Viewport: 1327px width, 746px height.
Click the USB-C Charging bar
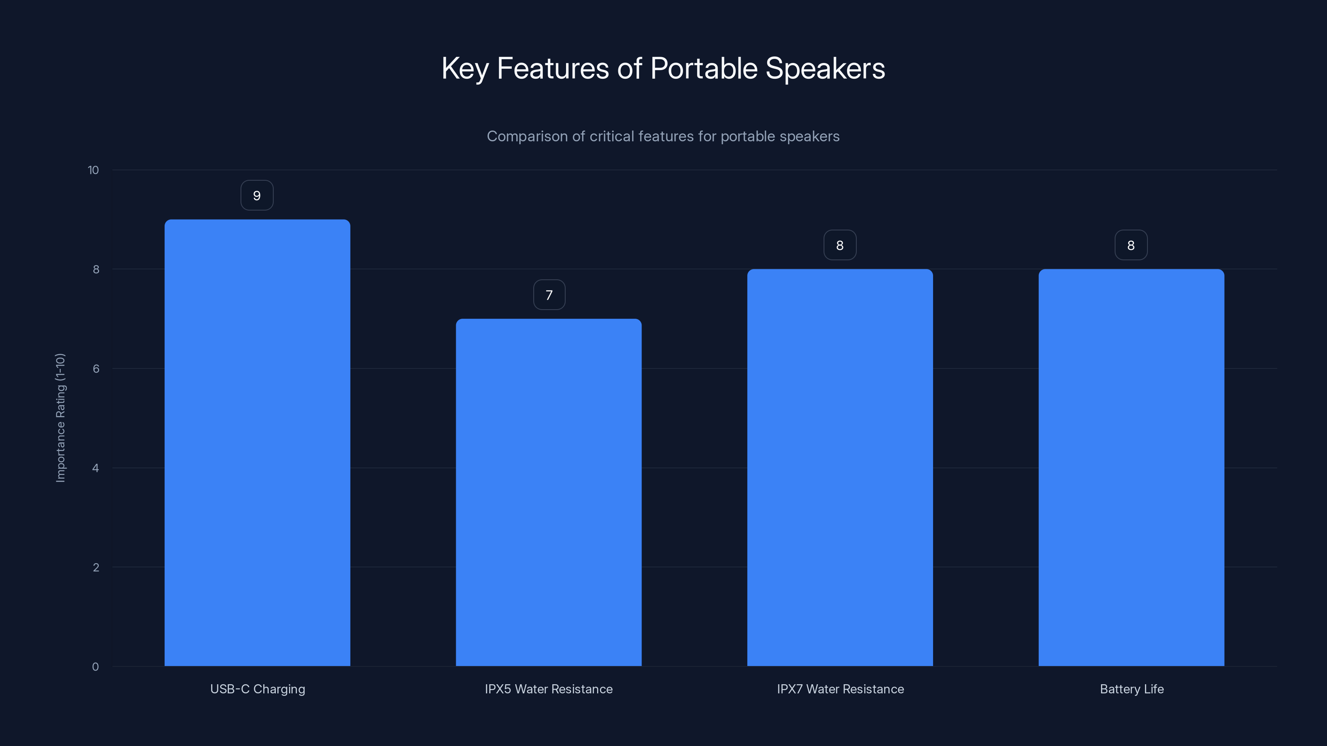257,443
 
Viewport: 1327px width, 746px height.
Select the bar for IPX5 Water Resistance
549,492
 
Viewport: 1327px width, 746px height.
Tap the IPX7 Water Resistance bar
840,467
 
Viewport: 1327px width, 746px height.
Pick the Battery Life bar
1131,467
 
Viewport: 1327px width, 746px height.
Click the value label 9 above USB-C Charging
257,196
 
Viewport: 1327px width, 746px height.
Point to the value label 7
549,295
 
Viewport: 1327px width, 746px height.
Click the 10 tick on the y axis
93,170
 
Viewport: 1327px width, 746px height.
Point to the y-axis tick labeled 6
96,368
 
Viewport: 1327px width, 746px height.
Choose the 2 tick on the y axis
96,567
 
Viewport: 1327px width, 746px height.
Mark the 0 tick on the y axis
95,667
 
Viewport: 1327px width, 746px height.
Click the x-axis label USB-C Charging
258,689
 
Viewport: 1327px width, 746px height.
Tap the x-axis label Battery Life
1131,689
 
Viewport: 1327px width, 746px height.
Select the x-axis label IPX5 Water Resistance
549,689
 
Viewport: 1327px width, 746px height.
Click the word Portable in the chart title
704,68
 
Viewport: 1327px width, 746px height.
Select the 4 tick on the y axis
95,468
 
